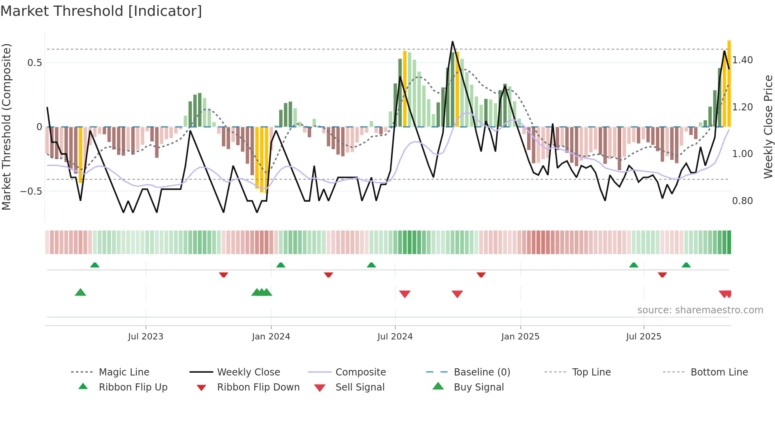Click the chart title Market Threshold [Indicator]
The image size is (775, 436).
(101, 11)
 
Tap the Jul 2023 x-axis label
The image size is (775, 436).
(146, 337)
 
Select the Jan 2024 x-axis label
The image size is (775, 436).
(271, 337)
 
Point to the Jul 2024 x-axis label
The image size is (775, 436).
(395, 337)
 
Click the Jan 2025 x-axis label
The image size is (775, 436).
(520, 337)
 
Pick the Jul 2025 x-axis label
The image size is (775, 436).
(644, 337)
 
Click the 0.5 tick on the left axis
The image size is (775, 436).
(35, 63)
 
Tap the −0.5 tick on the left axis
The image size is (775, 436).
(31, 191)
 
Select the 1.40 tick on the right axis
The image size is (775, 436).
(743, 60)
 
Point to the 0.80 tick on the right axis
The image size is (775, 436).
(743, 201)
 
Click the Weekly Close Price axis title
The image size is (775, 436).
(768, 127)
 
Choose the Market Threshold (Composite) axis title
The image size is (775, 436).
(6, 127)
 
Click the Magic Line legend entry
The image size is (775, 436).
(124, 372)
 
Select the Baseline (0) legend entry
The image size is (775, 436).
(482, 372)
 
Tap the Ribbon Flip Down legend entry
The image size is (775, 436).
(258, 387)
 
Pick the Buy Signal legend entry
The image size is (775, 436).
(478, 387)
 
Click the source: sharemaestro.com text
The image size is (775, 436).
(700, 310)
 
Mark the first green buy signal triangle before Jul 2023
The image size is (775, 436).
(80, 292)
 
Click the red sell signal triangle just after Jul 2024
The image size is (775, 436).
(405, 294)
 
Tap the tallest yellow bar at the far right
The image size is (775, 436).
(729, 83)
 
